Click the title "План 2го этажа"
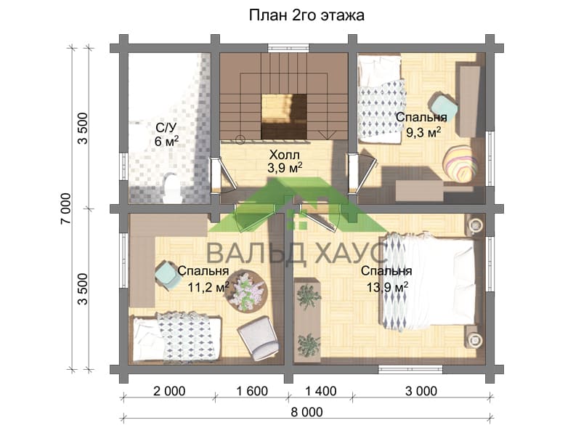(x=306, y=15)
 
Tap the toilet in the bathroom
(x=171, y=187)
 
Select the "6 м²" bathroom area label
(x=166, y=141)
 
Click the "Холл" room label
(x=284, y=155)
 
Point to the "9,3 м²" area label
(x=423, y=132)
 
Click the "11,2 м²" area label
(x=208, y=286)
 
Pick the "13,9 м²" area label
(x=387, y=286)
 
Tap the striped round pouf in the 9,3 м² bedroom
(x=460, y=163)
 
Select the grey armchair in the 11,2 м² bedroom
(x=259, y=338)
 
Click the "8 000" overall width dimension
(x=306, y=412)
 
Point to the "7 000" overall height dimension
(x=65, y=209)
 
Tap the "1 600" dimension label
(x=251, y=391)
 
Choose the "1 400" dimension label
(x=320, y=391)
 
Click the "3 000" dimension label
(x=421, y=391)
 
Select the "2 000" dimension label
(x=169, y=391)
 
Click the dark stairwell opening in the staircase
(x=284, y=116)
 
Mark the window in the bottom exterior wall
(x=410, y=369)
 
